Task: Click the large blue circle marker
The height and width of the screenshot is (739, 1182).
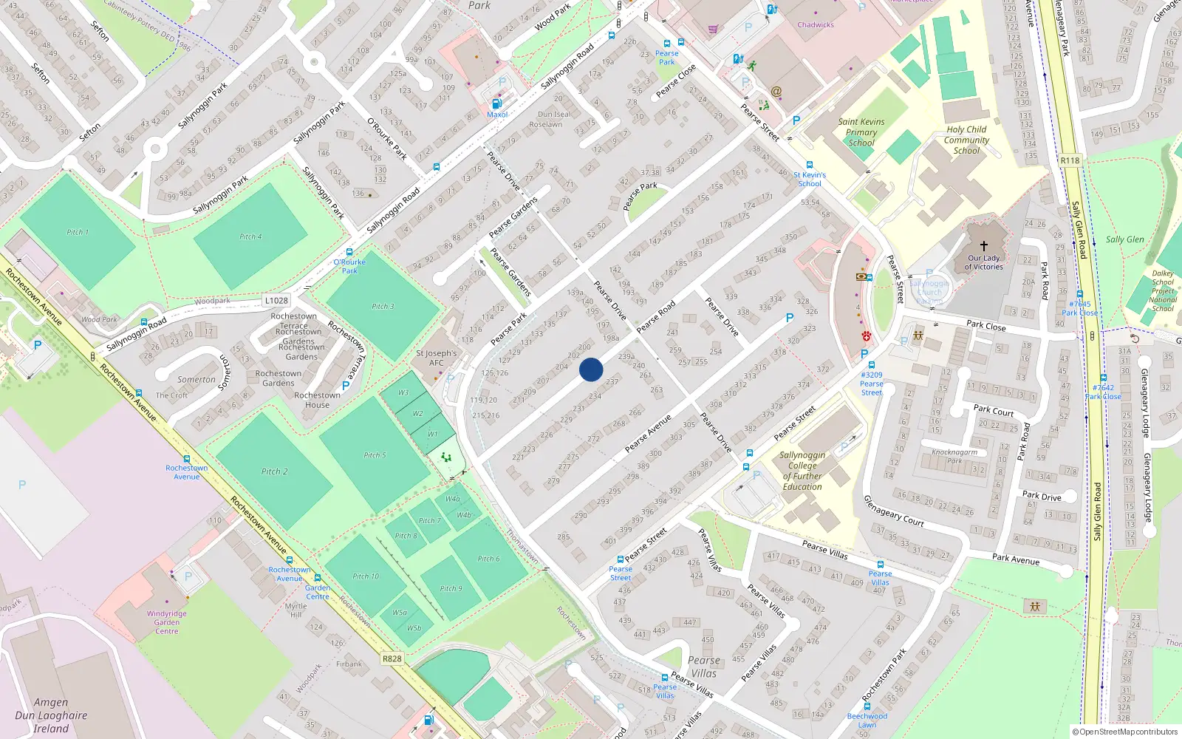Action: tap(591, 369)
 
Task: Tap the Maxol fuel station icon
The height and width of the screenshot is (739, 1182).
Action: tap(497, 103)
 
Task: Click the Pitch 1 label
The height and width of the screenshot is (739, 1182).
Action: tap(78, 232)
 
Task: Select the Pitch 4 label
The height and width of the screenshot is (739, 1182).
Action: tap(250, 236)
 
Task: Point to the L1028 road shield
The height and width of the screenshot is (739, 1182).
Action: tap(276, 300)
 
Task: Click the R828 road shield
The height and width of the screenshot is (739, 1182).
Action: tap(392, 658)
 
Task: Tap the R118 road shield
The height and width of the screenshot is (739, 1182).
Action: tap(1070, 160)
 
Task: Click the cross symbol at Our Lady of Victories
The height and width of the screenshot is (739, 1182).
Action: tap(984, 246)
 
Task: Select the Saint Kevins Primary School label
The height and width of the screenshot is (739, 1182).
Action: tap(861, 132)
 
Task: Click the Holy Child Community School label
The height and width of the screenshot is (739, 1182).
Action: tap(966, 140)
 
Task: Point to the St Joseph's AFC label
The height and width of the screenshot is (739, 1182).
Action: tap(437, 358)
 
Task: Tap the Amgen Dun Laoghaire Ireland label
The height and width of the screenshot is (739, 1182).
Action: tap(51, 715)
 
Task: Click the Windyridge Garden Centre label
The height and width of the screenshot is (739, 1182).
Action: tap(167, 622)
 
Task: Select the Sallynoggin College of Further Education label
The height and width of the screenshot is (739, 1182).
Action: tap(802, 471)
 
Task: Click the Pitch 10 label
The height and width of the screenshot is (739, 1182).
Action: tap(366, 576)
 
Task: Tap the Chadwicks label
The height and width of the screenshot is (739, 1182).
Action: tap(816, 25)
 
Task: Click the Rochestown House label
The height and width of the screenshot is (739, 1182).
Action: tap(318, 400)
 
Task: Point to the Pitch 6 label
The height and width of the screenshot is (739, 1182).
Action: tap(488, 559)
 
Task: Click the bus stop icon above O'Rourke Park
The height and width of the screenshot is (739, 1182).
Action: tap(349, 252)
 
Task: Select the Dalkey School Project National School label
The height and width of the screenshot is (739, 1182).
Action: tap(1163, 290)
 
